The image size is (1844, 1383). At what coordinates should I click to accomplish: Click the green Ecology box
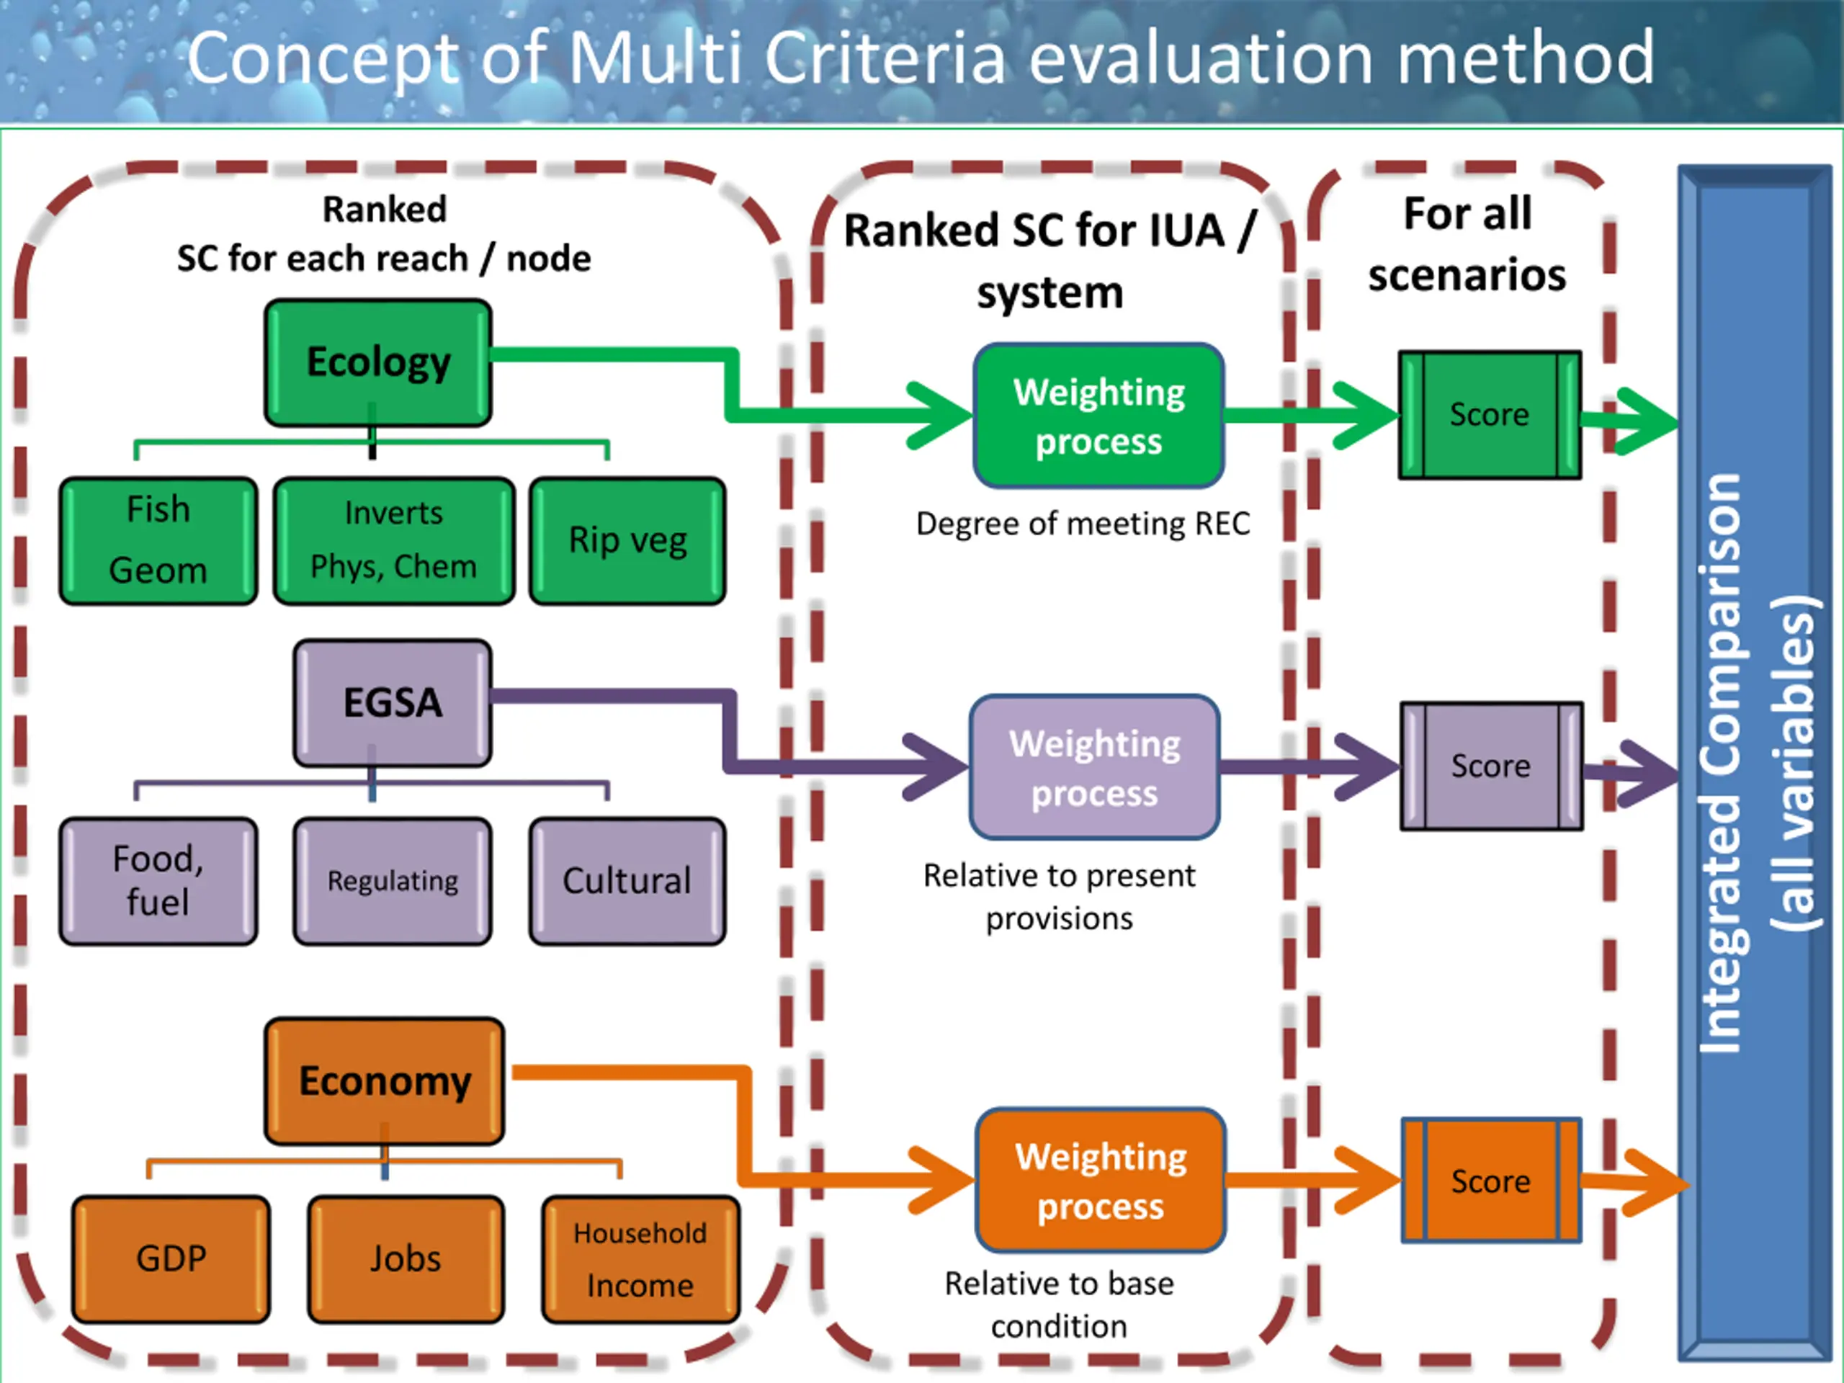[377, 362]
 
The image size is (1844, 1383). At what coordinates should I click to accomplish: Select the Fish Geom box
[158, 540]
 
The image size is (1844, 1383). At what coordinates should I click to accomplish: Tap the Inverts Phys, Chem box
[393, 540]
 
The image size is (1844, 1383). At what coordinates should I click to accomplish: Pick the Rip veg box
[627, 540]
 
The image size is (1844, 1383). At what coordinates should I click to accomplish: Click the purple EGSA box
[393, 703]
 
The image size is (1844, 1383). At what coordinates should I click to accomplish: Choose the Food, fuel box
[158, 880]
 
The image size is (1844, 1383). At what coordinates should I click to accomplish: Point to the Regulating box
[393, 880]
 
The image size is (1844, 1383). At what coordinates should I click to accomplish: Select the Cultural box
[627, 880]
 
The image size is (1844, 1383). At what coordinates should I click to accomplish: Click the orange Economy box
[385, 1080]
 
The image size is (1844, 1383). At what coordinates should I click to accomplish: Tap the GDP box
[171, 1259]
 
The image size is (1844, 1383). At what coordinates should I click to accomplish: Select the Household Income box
[640, 1259]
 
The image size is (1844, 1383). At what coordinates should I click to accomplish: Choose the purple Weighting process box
[1095, 767]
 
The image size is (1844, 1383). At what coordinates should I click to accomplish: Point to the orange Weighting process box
[1101, 1180]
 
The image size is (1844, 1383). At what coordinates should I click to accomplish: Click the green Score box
[1490, 414]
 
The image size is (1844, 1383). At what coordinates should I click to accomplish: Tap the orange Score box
[1491, 1181]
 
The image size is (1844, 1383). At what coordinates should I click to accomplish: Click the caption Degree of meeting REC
[1083, 524]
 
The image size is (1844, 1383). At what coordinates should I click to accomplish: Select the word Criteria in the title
[885, 58]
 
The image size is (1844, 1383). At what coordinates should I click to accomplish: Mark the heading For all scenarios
[1467, 244]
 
